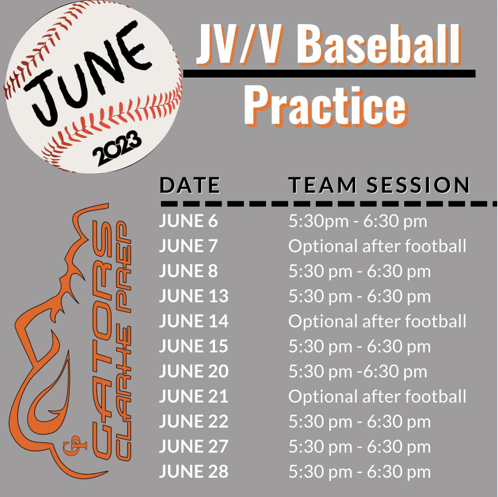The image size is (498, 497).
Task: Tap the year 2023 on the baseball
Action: pos(117,148)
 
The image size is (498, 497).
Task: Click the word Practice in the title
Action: pos(325,106)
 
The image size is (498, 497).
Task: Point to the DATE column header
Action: pos(190,185)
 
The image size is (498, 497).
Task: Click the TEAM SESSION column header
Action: pos(379,185)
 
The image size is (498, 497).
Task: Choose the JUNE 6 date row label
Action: pos(188,221)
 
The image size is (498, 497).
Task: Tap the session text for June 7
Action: pos(377,246)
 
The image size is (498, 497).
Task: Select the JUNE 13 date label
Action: pos(194,296)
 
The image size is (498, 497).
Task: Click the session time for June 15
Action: pos(359,346)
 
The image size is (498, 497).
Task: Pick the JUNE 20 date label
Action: pos(194,371)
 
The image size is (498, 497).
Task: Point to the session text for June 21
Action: pos(377,396)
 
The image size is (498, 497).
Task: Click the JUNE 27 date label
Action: pos(194,446)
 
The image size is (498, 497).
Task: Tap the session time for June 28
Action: pos(359,472)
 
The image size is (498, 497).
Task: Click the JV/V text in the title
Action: pos(238,44)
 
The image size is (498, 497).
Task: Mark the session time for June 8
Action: pos(359,271)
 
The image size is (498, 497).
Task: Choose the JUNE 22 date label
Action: pos(194,422)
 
